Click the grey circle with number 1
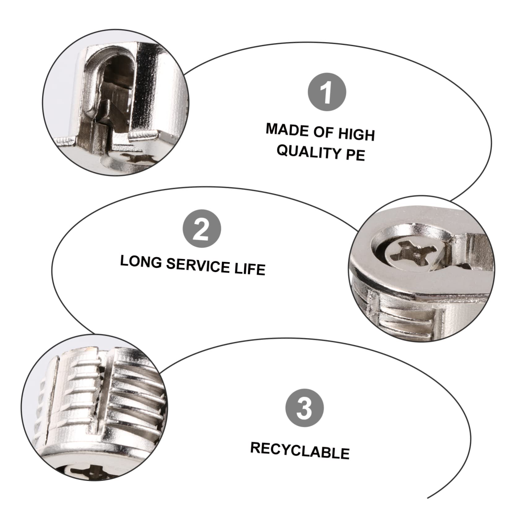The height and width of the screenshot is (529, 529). (327, 92)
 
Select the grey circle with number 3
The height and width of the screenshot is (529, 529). (304, 408)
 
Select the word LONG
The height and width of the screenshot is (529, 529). (141, 262)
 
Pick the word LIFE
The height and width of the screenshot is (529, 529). (249, 269)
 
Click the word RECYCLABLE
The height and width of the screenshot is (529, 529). (300, 450)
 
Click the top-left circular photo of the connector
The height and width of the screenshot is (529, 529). (115, 103)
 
